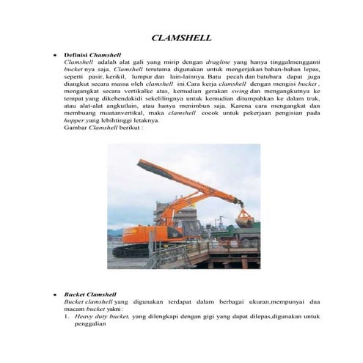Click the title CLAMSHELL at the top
(181, 37)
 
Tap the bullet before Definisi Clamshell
(48, 56)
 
